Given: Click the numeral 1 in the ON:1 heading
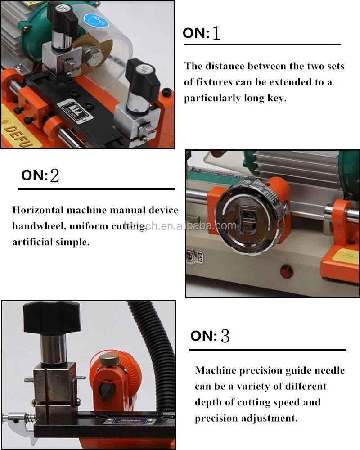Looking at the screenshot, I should pos(216,33).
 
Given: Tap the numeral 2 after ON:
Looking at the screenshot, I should pos(54,175).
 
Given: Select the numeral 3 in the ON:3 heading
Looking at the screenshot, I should pos(225,336).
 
